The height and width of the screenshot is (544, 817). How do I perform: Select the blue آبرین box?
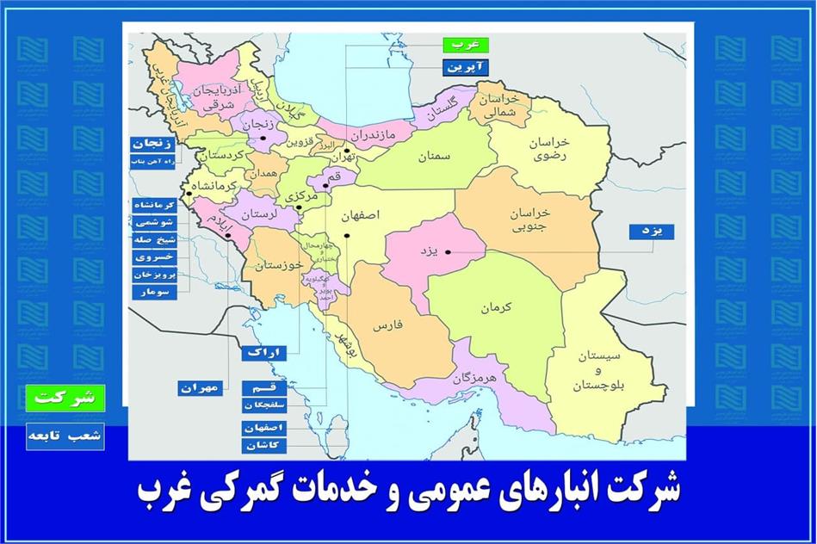(466, 66)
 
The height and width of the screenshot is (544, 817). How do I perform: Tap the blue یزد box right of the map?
(652, 232)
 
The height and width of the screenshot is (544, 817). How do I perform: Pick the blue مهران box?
(200, 388)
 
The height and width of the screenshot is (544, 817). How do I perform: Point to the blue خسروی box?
(155, 257)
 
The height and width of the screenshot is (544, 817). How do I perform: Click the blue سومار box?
(155, 292)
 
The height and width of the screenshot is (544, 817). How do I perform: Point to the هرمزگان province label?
(473, 378)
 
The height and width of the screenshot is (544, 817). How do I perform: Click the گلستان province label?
(439, 110)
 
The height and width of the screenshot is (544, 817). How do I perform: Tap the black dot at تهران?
(346, 151)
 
